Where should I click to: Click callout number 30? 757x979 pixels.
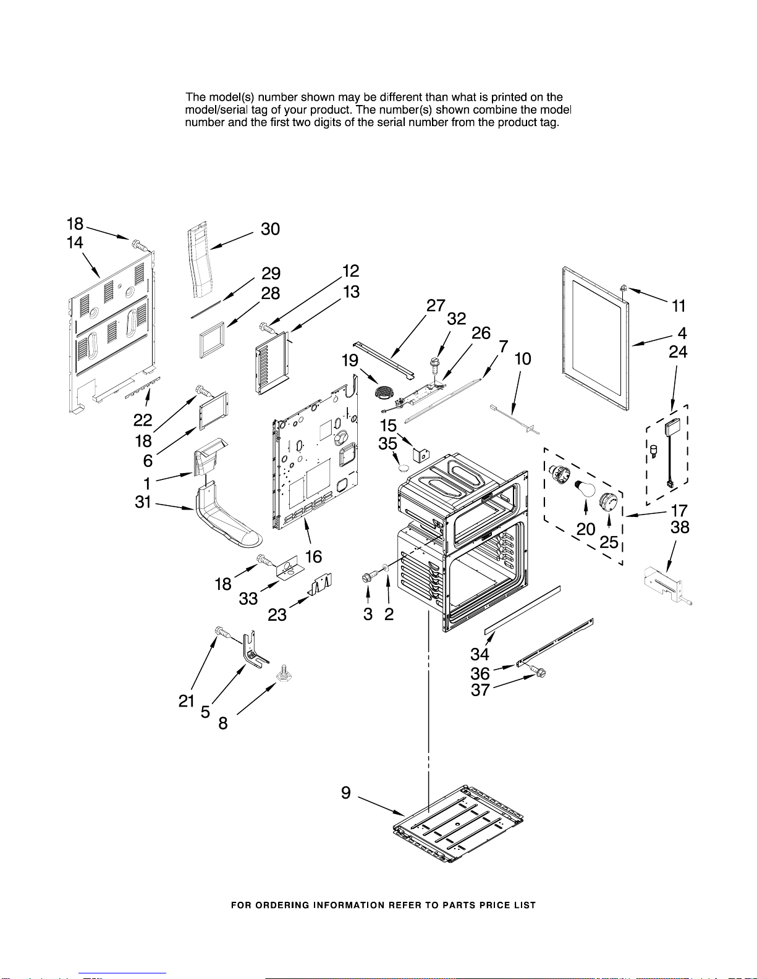(271, 229)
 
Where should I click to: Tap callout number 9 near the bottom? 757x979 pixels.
(346, 793)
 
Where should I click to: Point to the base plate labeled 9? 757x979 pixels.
(458, 825)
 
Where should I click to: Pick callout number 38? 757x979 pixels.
(680, 527)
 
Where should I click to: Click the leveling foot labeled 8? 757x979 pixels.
(284, 674)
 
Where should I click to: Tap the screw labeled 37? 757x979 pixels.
(539, 671)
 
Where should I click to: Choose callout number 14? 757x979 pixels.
(75, 243)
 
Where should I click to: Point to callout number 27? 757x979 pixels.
(436, 306)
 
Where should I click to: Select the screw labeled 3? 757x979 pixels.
(368, 577)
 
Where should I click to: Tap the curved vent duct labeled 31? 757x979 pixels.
(226, 519)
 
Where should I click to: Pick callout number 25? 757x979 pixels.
(609, 542)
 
